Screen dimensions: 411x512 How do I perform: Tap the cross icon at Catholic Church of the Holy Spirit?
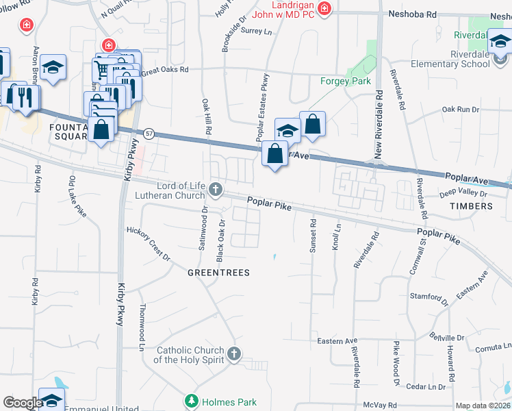pos(234,353)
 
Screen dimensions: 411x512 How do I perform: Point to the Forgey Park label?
pos(346,81)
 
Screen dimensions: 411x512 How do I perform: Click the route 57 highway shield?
pos(149,132)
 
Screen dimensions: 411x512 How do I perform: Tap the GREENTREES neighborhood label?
pos(218,273)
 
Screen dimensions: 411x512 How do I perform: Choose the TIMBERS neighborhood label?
pos(471,206)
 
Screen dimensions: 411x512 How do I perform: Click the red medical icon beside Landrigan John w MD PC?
pos(324,9)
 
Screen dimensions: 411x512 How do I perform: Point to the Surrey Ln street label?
pos(257,32)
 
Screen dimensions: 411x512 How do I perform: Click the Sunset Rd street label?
pos(313,236)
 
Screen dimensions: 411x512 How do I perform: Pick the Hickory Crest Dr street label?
pos(149,243)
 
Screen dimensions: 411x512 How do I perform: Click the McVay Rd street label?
pos(381,405)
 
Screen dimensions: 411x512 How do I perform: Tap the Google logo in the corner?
pos(23,403)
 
